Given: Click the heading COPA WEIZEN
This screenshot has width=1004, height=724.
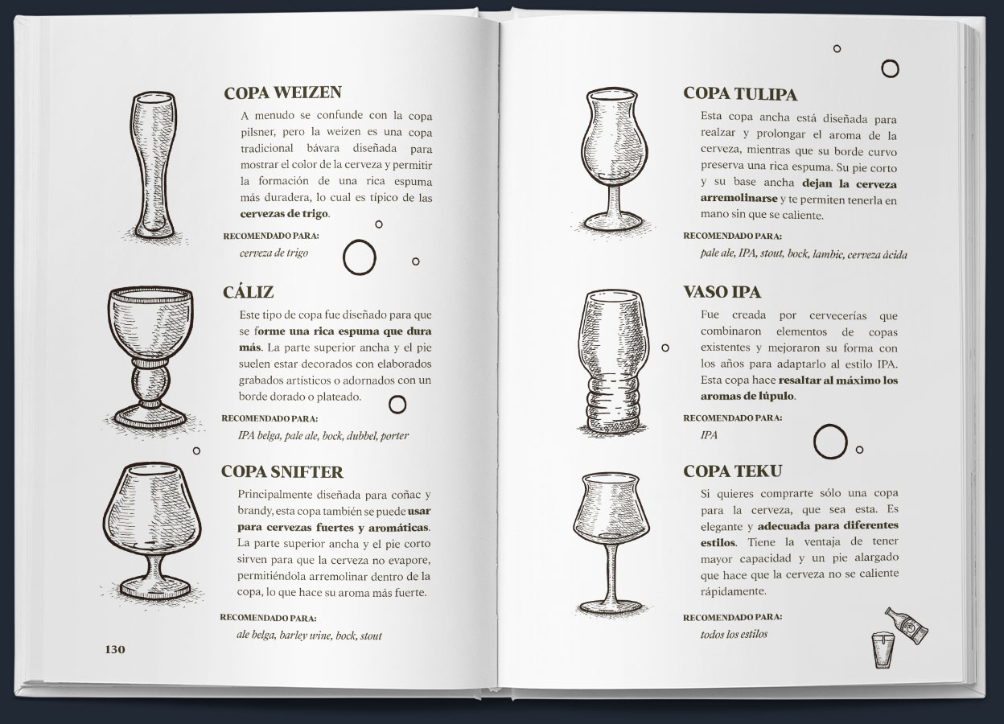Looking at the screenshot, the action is pos(282,93).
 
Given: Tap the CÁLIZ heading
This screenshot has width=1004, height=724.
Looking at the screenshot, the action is pos(248,292).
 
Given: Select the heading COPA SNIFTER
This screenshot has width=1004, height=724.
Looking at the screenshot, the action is pos(282,471).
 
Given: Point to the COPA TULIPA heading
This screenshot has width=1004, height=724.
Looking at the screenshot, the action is pos(740,94).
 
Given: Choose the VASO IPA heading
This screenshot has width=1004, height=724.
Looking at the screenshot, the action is pos(722,292).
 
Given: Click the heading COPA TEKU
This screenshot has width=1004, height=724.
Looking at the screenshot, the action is pos(732,471).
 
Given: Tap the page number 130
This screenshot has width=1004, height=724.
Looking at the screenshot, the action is pos(115,649).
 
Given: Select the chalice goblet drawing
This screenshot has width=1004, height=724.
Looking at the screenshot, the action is pos(150,359).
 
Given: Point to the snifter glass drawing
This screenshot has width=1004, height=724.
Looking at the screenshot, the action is pos(152,532).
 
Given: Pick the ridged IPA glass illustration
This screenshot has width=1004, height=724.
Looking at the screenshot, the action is pos(613,362).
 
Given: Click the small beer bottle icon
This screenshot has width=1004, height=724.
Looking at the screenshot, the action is pos(907,625).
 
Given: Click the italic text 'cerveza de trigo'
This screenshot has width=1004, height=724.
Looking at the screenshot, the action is pos(274,253).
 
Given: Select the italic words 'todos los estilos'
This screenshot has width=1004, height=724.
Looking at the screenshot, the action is pos(734,634).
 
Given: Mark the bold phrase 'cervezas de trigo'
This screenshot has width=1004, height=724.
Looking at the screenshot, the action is pos(284,213).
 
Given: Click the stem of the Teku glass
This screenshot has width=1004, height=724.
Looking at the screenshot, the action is pos(611,573).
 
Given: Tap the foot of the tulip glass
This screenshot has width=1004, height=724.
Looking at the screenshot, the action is pos(614,221).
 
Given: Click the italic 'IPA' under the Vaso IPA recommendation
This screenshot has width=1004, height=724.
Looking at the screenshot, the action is pos(709,435).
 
